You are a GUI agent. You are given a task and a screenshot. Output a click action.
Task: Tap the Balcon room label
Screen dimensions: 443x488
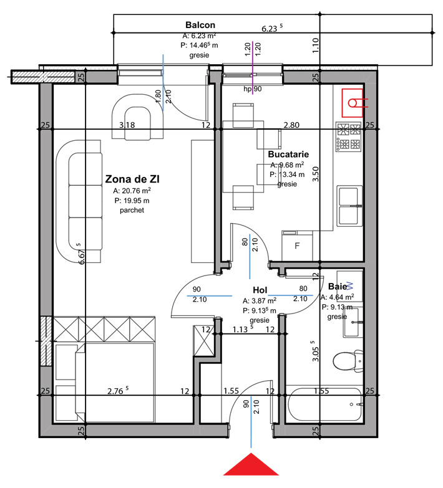tap(200, 25)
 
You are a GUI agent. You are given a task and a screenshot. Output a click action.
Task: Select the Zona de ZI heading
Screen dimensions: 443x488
tap(132, 179)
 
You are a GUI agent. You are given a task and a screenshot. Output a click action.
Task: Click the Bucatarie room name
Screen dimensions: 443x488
tap(288, 155)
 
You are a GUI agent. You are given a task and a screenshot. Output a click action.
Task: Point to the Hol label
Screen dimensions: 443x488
tap(260, 290)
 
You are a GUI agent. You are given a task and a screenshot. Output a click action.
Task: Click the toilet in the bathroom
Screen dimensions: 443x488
tap(348, 361)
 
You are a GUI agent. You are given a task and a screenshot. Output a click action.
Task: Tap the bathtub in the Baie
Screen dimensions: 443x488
tap(325, 404)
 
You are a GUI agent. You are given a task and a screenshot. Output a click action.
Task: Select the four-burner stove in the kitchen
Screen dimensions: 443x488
tap(349, 137)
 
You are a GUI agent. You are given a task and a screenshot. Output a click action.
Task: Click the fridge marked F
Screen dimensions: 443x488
tap(297, 246)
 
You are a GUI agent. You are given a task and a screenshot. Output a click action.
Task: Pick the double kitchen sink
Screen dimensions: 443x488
tap(349, 206)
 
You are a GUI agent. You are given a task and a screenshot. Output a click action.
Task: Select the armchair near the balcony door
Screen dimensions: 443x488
tap(137, 122)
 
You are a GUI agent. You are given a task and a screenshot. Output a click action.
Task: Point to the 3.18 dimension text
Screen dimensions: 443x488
tap(127, 125)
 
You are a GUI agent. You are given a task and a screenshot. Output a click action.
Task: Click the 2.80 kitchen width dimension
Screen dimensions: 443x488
tap(291, 125)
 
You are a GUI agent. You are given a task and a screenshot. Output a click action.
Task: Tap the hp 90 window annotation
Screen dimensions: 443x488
tap(253, 89)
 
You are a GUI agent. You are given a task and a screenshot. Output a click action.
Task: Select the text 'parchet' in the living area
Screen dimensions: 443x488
tap(132, 211)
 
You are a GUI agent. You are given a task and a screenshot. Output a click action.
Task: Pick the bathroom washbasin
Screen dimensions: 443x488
tap(353, 322)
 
